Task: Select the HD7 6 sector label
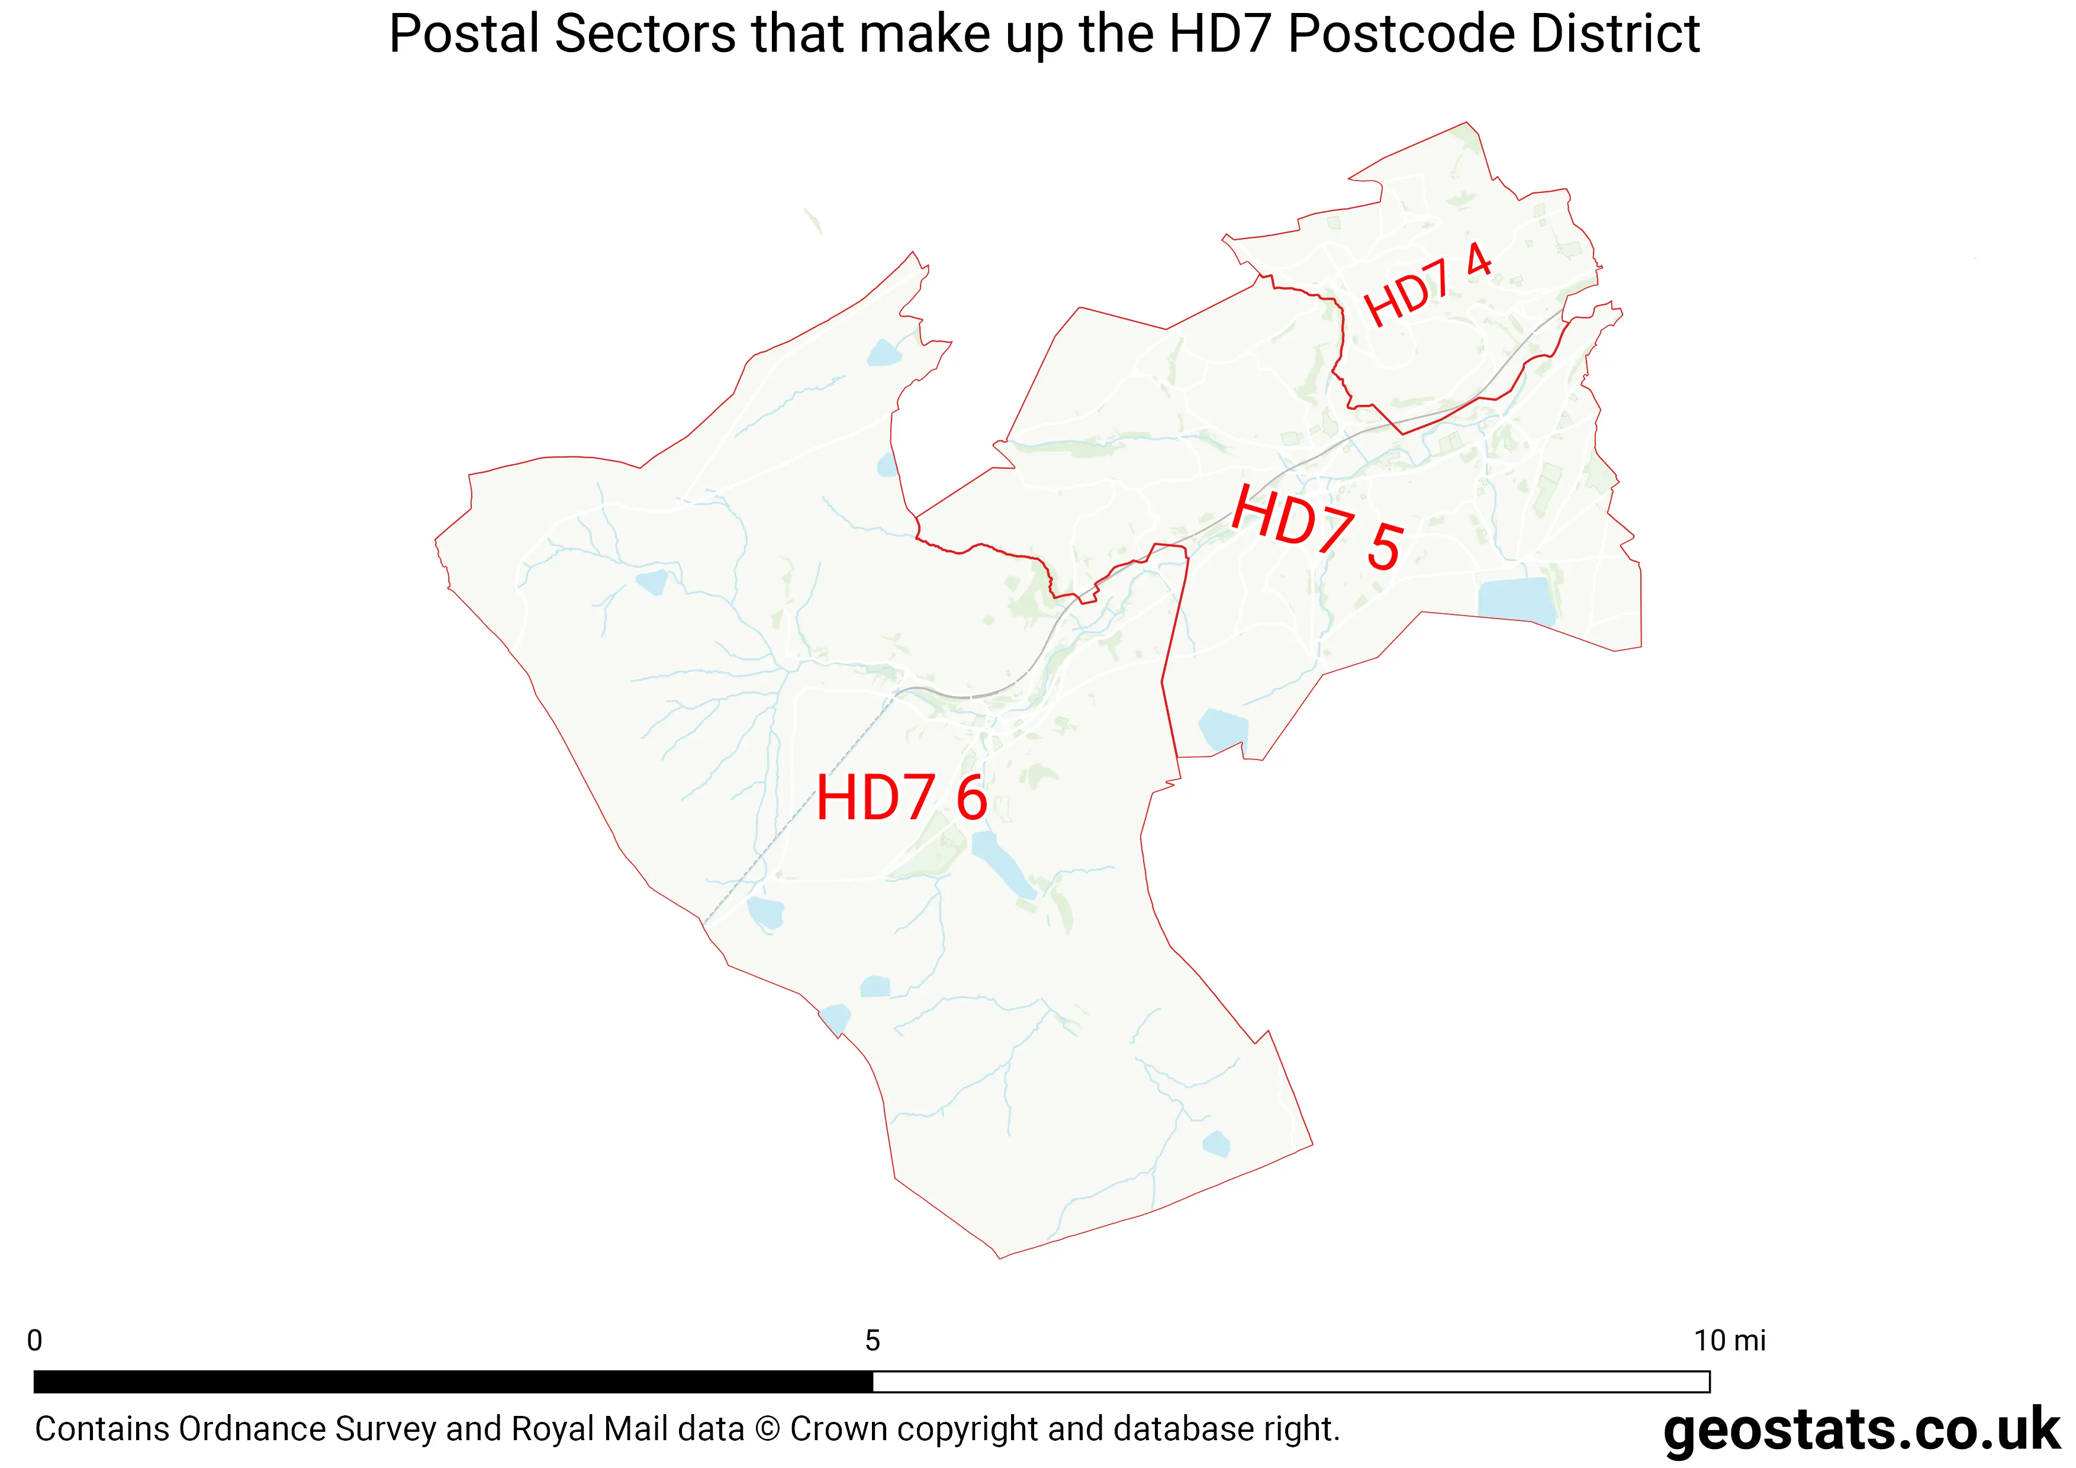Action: [902, 798]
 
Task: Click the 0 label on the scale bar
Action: [34, 1341]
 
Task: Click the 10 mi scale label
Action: [1728, 1341]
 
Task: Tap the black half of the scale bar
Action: [452, 1381]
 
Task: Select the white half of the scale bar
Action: [1290, 1381]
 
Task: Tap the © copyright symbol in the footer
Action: [767, 1429]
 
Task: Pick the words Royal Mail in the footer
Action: [590, 1429]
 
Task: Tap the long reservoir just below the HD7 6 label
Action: [1002, 863]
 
